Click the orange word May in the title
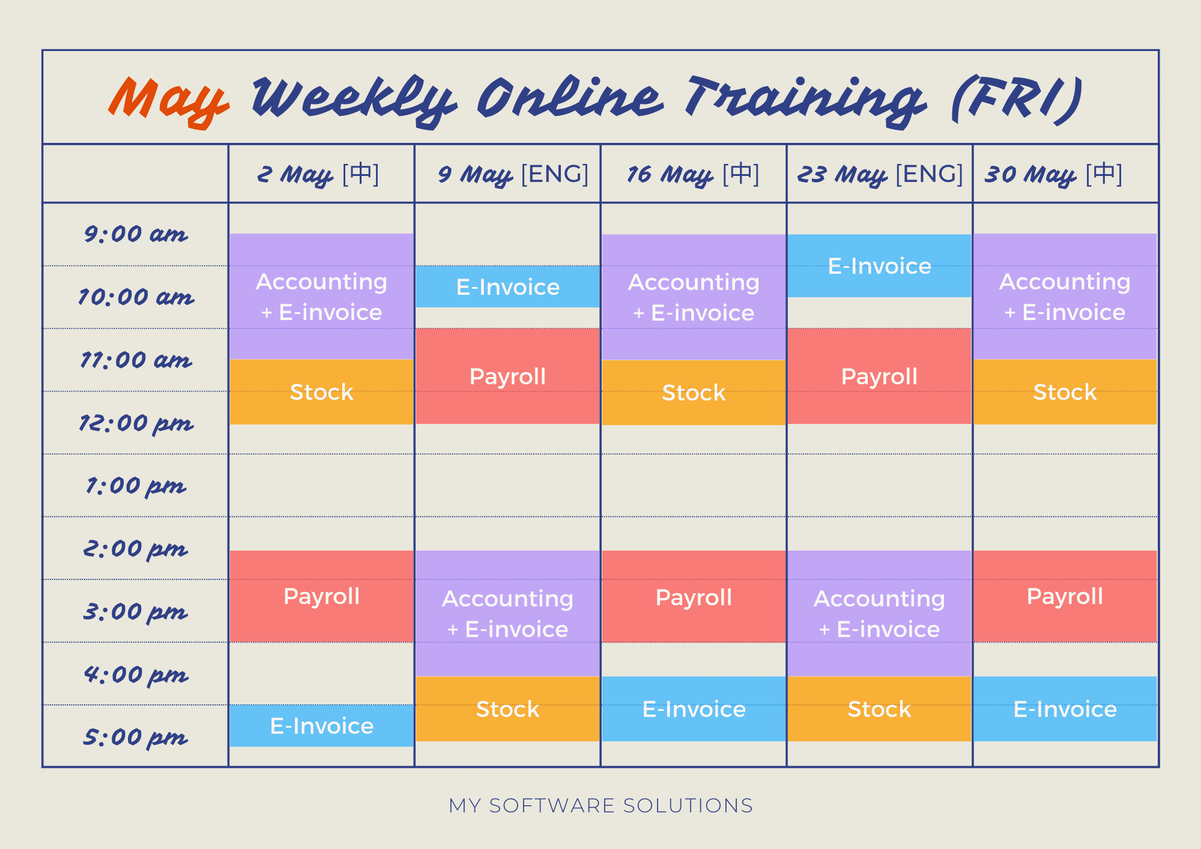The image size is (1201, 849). [x=168, y=100]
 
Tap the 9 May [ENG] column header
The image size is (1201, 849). [x=513, y=174]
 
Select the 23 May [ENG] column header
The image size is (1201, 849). [x=880, y=174]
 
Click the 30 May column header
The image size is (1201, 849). [x=1053, y=174]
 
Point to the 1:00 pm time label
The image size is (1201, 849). [x=136, y=486]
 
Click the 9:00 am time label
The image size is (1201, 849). [x=136, y=234]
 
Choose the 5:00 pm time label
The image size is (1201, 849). [x=136, y=737]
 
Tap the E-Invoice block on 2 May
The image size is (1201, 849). [x=322, y=725]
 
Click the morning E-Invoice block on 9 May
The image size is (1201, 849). [x=507, y=286]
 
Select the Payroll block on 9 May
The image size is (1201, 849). [x=507, y=376]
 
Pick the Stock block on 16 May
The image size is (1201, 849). [x=694, y=392]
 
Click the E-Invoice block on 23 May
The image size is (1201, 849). [x=879, y=265]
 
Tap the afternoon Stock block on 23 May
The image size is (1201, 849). [x=879, y=709]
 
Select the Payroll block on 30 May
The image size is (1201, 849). [x=1065, y=596]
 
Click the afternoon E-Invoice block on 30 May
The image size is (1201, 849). [x=1065, y=709]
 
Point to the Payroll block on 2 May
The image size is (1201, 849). [x=322, y=596]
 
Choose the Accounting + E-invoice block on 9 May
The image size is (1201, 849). [x=507, y=614]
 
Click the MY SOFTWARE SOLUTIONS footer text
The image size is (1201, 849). [x=600, y=805]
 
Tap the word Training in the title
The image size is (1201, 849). [x=805, y=100]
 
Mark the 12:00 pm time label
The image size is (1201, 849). [x=136, y=423]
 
